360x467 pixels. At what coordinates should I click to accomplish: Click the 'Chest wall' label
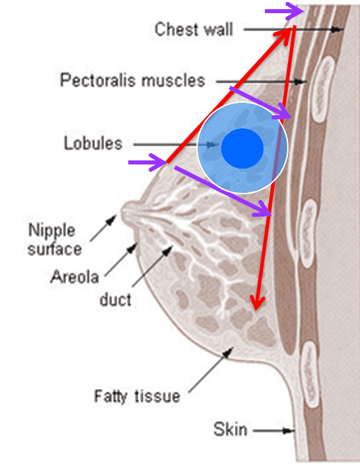194,29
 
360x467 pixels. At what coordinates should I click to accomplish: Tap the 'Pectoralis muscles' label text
132,80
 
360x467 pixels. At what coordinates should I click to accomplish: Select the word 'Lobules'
93,143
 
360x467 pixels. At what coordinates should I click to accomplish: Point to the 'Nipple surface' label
55,239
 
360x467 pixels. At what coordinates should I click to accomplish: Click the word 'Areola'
74,277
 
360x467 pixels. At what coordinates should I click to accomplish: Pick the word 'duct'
115,299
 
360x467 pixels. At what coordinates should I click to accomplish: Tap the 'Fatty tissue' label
137,396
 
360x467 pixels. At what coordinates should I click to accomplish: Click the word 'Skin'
230,430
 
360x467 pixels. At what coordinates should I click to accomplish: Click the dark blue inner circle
242,148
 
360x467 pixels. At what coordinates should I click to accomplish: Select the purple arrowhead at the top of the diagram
295,11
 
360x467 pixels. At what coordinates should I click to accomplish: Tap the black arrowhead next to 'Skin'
289,431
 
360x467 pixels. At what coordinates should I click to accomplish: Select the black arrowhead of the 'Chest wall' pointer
338,29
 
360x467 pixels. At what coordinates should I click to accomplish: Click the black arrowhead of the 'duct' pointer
168,250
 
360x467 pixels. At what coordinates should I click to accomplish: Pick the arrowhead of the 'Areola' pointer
132,248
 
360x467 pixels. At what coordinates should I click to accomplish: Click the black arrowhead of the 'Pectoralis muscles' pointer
301,81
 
